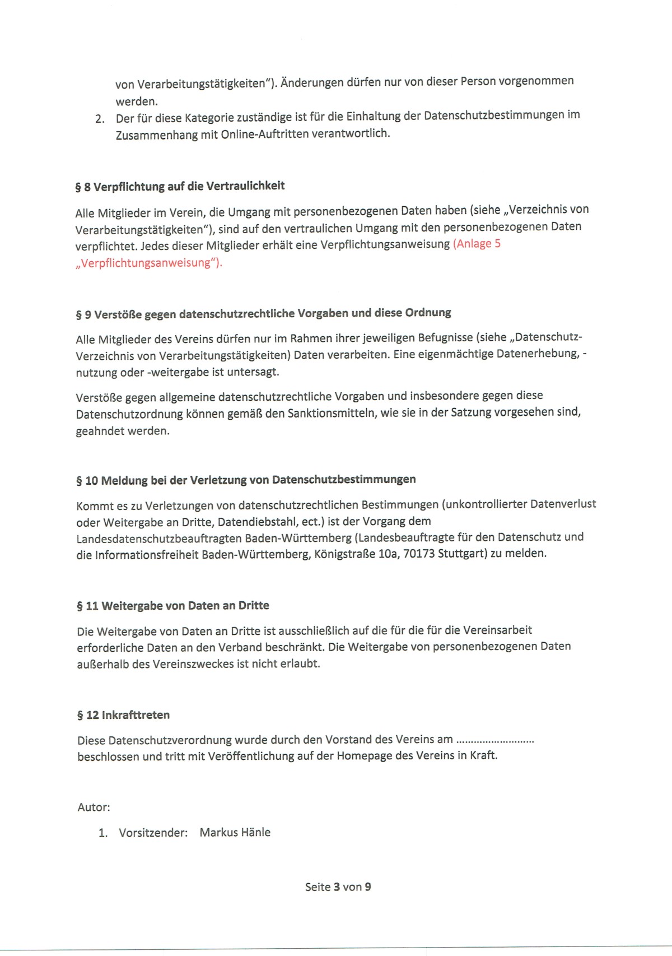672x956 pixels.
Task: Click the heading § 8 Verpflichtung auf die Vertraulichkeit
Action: tap(180, 186)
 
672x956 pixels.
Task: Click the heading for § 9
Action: tap(263, 313)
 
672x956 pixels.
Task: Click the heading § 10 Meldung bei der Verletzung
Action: tap(246, 480)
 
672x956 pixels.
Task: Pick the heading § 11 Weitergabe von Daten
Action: tap(173, 606)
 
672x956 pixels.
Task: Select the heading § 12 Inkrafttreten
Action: tap(123, 715)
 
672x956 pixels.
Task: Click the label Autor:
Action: tap(94, 807)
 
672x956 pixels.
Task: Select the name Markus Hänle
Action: tap(235, 832)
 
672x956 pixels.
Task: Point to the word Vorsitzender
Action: tap(153, 833)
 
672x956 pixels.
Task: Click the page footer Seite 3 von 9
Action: tap(338, 887)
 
